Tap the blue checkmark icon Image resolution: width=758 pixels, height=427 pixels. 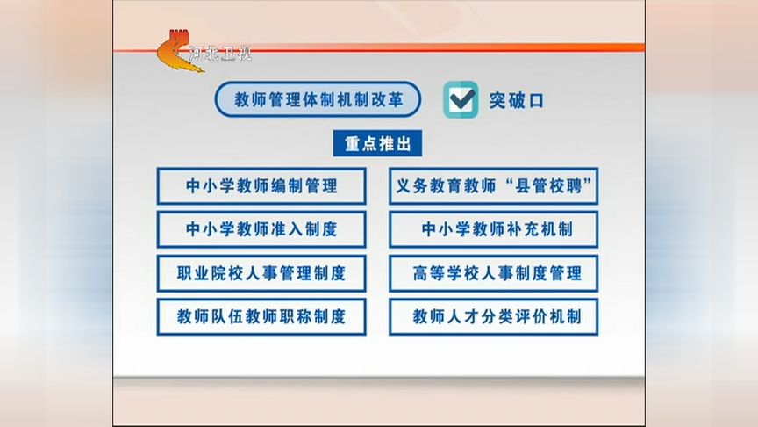point(461,99)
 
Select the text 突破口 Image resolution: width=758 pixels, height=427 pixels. point(517,100)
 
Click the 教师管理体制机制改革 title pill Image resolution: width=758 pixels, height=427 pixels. point(318,99)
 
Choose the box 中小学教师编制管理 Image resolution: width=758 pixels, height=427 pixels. point(261,186)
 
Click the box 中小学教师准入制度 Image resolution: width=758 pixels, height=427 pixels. point(261,229)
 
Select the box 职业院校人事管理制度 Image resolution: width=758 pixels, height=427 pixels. point(261,273)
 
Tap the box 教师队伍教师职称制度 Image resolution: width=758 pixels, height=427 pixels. point(261,316)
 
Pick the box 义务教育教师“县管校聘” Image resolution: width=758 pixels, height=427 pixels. point(493,186)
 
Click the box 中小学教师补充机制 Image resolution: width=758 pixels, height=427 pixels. point(493,229)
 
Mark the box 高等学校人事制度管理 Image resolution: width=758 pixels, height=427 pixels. point(493,273)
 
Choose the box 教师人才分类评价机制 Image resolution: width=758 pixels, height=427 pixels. point(493,316)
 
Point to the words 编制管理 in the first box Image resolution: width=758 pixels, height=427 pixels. point(305,186)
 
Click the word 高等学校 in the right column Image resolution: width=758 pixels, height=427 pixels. point(443,273)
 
